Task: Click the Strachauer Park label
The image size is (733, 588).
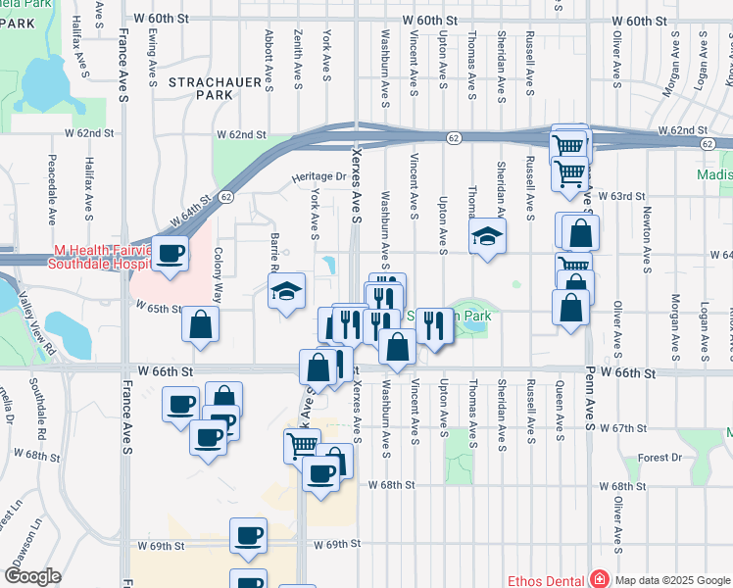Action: click(x=199, y=88)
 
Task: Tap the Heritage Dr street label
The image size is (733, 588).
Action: click(x=318, y=177)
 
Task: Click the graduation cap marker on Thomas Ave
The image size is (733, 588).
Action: click(x=486, y=236)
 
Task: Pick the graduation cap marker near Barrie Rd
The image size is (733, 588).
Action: click(x=286, y=291)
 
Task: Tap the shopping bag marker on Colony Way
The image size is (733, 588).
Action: click(x=200, y=324)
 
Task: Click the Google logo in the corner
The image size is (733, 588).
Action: click(x=32, y=576)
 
